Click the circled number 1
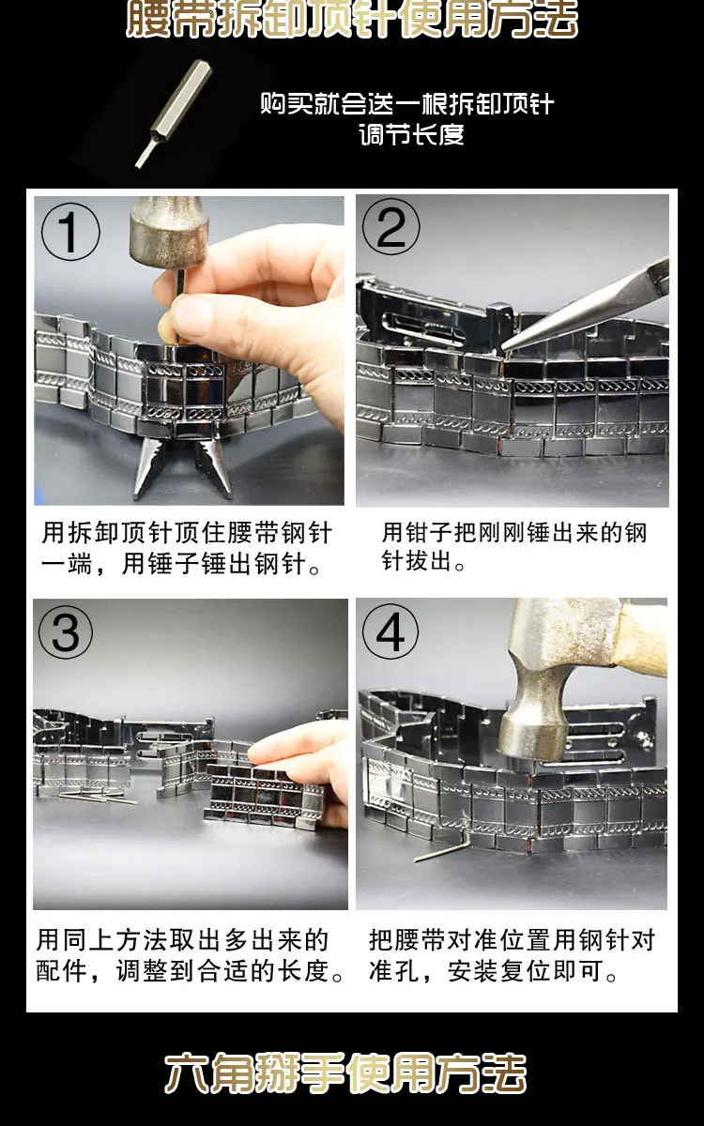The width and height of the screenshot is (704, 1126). (x=70, y=232)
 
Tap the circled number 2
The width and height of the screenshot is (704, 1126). (x=390, y=227)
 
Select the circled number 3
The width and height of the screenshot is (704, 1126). (x=66, y=631)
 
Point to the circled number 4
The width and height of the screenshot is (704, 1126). (x=390, y=631)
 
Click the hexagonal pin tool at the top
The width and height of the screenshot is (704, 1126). (x=174, y=114)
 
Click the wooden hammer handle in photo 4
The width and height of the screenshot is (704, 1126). (x=642, y=637)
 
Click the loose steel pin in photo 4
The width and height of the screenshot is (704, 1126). (x=441, y=851)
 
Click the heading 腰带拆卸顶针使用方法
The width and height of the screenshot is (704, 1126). (x=352, y=19)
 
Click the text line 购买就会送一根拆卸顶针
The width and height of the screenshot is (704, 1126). (x=407, y=104)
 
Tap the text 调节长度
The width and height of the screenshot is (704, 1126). (x=411, y=135)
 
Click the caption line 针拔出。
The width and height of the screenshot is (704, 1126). (x=423, y=561)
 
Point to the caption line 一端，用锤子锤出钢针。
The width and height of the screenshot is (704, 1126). (x=181, y=564)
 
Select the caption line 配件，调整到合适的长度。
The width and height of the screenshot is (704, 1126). (x=190, y=971)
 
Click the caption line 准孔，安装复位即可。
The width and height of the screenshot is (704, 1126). (x=494, y=971)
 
